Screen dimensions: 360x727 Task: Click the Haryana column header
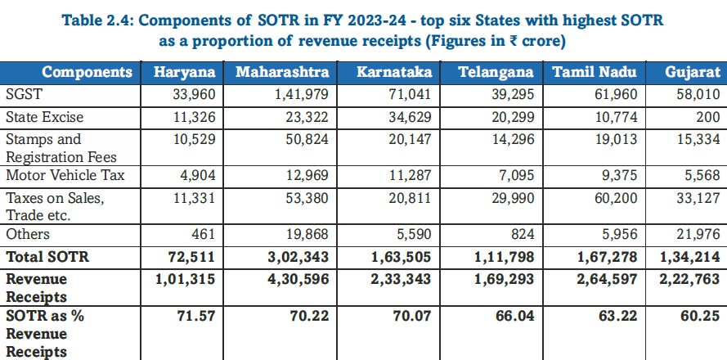(186, 72)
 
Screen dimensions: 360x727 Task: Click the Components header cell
(87, 72)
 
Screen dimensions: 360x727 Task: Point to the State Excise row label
(45, 117)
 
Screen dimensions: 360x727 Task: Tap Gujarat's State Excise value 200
(708, 117)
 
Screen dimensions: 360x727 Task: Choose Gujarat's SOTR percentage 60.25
(702, 315)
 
